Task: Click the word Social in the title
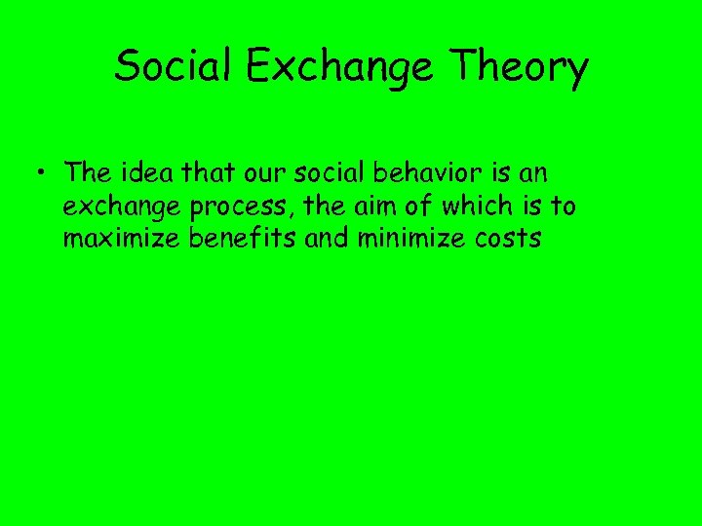171,67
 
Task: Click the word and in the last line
327,238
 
